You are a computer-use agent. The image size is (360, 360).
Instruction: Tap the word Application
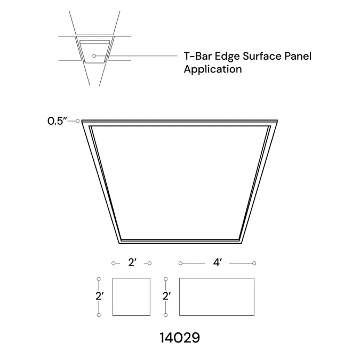click(x=212, y=69)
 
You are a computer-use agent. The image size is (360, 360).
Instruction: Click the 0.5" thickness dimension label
click(x=58, y=121)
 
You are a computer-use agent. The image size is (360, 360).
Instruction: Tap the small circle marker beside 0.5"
click(x=78, y=121)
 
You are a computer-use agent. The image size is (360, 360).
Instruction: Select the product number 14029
click(x=180, y=338)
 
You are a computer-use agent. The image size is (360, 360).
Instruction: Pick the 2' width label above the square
click(x=132, y=263)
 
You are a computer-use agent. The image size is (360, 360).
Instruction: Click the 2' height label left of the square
click(x=99, y=297)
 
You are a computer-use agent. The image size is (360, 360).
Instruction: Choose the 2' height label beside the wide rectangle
click(x=167, y=297)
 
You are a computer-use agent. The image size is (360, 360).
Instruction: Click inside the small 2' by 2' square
click(x=131, y=297)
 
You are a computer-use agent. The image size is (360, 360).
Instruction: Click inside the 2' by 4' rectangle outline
click(x=217, y=297)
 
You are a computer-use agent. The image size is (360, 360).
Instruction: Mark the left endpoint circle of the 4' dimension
click(x=181, y=263)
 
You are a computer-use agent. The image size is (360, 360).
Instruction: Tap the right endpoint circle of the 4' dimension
click(x=254, y=263)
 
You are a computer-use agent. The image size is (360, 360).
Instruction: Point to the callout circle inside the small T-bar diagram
click(x=94, y=55)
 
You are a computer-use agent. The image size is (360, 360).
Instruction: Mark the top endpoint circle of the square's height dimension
click(x=99, y=278)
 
